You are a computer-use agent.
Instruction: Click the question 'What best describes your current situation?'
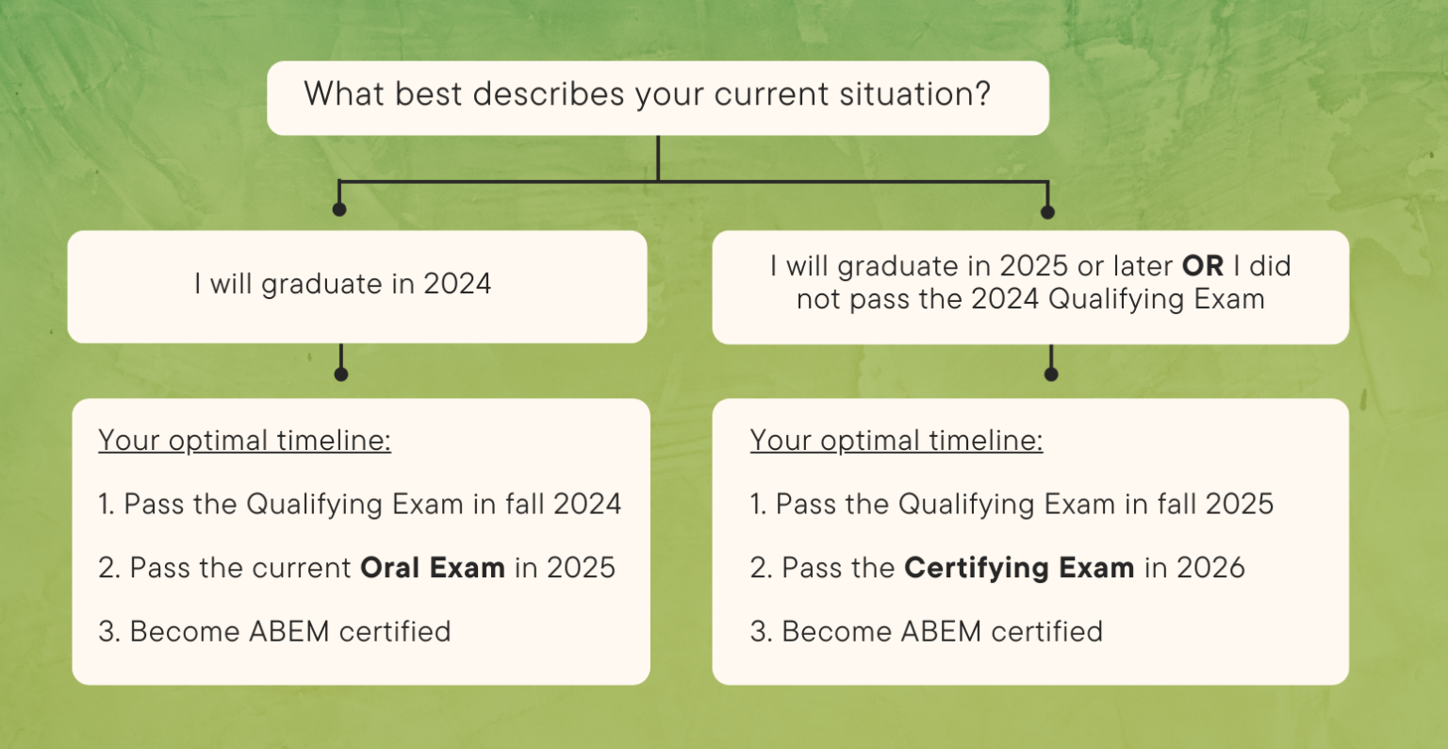point(647,95)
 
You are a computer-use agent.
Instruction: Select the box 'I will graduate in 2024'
point(343,285)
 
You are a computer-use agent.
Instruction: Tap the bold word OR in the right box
point(1203,267)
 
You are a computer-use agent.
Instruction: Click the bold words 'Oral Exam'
point(433,568)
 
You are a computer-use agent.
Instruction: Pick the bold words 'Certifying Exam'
point(1019,568)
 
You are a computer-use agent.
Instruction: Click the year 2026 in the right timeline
point(1209,568)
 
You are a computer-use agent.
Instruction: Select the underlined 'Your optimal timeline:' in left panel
point(244,441)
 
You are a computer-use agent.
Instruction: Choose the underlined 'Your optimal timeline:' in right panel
point(897,441)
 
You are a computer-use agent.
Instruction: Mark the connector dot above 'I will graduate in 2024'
point(339,209)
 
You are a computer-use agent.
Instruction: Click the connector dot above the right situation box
point(1047,212)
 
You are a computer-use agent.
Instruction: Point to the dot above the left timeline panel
point(341,374)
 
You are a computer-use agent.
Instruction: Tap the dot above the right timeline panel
point(1051,374)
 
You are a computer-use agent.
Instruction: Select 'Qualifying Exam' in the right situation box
point(1157,300)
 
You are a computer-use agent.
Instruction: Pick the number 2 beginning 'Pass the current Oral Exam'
point(106,568)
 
